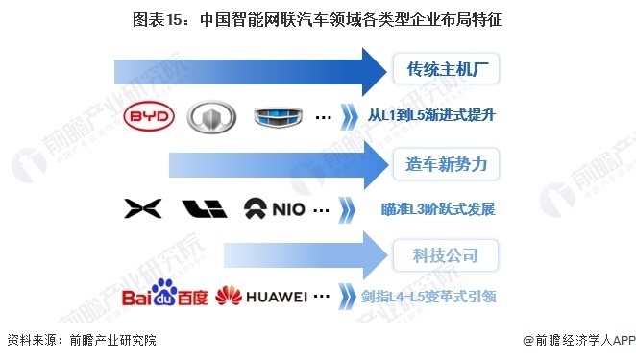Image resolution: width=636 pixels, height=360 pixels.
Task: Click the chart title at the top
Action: (x=317, y=18)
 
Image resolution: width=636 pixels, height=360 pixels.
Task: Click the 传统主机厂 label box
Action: (x=448, y=69)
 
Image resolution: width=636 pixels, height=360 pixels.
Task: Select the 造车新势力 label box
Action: (x=448, y=163)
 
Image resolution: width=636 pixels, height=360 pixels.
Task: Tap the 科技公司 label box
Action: (x=448, y=255)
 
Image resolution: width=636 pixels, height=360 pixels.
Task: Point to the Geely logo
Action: (x=278, y=117)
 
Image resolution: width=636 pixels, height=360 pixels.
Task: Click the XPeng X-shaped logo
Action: (x=139, y=209)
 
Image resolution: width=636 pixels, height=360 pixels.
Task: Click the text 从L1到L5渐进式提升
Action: (x=437, y=117)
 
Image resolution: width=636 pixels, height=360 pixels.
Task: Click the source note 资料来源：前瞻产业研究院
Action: (x=81, y=340)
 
